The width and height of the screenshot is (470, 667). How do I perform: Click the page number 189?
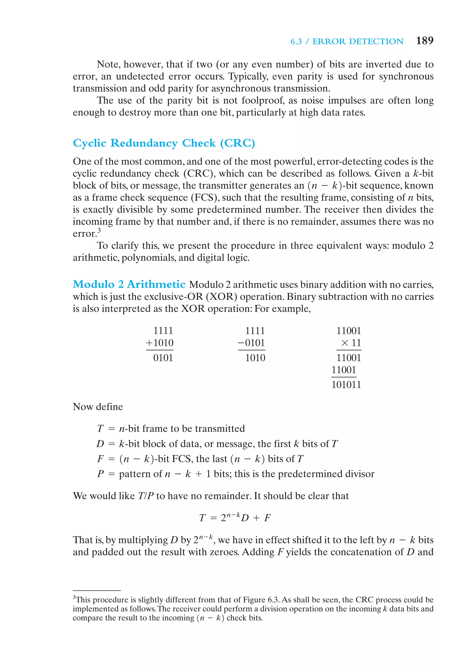pos(424,41)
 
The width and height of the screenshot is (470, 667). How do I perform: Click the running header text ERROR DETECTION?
pos(358,41)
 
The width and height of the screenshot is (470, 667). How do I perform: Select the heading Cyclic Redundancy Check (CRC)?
pos(164,143)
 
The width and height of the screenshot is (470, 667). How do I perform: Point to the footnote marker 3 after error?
pos(99,230)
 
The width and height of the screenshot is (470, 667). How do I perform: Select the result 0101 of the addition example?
pos(163,358)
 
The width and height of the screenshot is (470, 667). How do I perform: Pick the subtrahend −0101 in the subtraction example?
pos(252,343)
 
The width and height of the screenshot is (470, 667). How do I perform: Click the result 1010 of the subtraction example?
pos(255,358)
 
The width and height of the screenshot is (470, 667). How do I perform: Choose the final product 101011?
pos(346,385)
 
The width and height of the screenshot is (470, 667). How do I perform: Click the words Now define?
pos(98,407)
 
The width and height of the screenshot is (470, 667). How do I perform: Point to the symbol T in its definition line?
pos(100,428)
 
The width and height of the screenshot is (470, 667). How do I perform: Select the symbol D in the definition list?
pos(100,444)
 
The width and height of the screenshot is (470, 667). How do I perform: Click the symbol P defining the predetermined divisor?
pos(100,474)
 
